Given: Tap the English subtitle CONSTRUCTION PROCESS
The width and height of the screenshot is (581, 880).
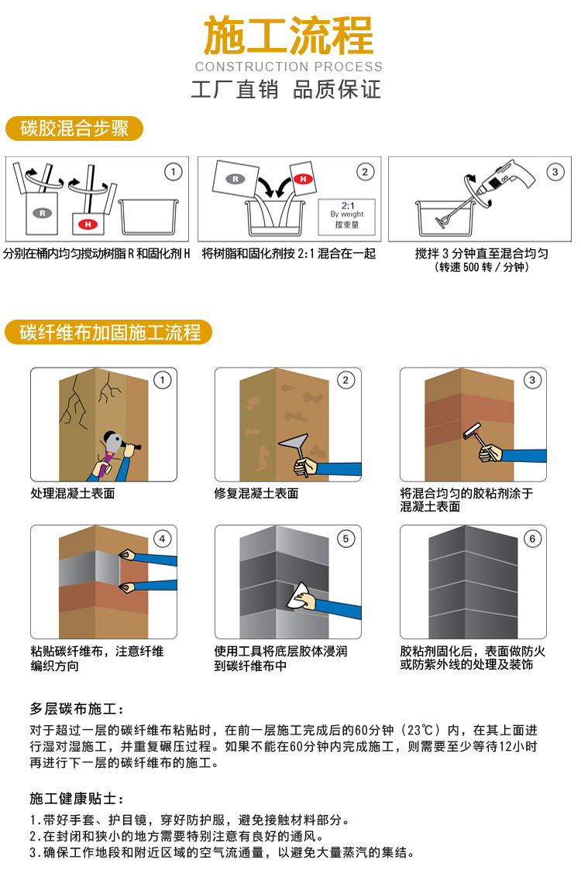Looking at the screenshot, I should (x=288, y=67).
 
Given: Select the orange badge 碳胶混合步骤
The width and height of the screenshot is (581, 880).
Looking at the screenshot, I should (x=74, y=128).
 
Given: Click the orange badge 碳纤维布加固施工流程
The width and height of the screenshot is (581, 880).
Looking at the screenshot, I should (x=109, y=333).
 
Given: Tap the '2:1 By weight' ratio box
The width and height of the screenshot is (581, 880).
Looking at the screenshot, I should (x=346, y=216).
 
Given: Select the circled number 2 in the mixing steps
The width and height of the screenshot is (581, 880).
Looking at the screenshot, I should (x=364, y=172).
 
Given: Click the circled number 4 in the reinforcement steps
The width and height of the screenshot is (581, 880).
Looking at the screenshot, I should (x=162, y=539).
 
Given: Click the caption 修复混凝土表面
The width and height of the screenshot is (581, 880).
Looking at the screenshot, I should (x=256, y=493).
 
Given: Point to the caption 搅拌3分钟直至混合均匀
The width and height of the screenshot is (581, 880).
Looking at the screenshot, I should (x=481, y=253).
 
